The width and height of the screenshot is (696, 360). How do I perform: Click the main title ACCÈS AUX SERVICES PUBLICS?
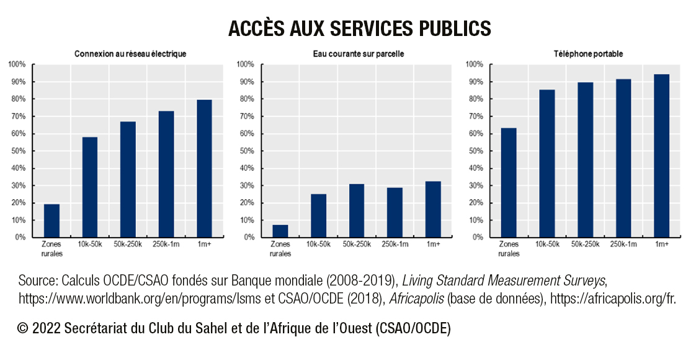360,29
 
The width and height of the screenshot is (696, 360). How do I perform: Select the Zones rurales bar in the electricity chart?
51,220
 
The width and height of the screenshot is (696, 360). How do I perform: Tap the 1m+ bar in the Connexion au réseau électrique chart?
204,168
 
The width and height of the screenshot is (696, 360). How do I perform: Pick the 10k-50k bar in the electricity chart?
90,187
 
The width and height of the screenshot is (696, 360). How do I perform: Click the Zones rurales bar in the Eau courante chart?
280,231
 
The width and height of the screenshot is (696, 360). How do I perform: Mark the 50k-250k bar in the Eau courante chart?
357,210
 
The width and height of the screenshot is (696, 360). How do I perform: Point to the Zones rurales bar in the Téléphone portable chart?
509,182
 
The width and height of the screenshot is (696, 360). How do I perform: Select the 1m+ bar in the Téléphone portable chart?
661,156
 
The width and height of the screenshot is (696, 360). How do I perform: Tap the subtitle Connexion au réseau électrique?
130,54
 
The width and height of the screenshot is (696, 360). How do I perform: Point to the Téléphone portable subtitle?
588,54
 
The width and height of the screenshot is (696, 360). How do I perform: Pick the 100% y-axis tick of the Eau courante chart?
245,65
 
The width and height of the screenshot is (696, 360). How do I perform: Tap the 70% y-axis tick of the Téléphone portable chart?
475,116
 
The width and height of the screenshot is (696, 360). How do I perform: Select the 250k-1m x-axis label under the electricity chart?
166,245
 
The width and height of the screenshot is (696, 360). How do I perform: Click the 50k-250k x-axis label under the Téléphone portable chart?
585,245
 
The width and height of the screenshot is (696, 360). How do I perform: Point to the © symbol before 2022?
24,329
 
